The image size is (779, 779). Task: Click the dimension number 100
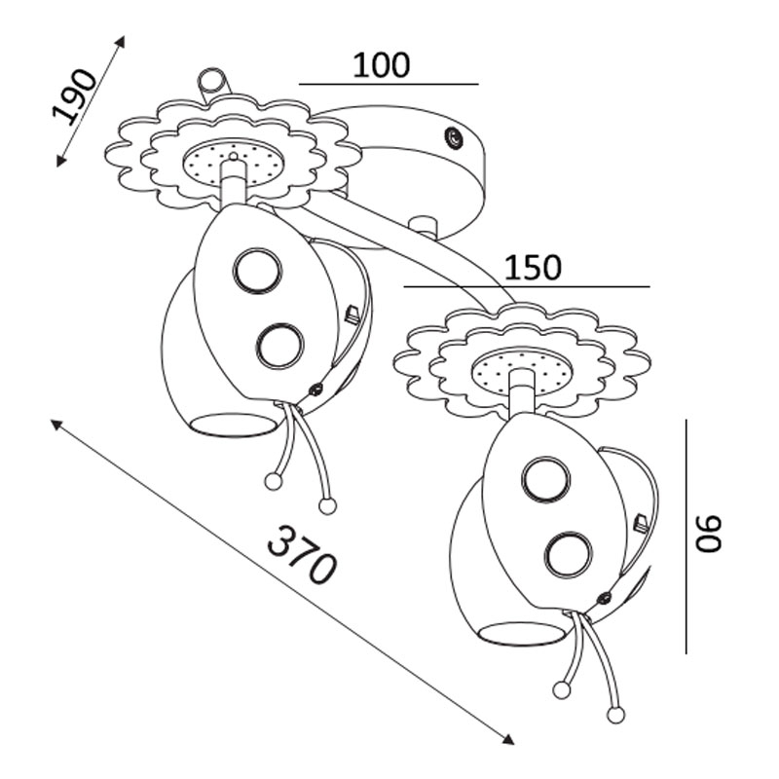381,65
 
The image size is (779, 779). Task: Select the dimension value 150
535,268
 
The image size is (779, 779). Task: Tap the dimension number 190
76,97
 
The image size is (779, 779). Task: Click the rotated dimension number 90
710,535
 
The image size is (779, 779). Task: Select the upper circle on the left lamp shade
256,270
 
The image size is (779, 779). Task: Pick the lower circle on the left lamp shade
280,345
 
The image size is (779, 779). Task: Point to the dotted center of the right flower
521,371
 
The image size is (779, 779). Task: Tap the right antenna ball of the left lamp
327,505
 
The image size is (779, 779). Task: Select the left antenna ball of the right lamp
561,690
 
